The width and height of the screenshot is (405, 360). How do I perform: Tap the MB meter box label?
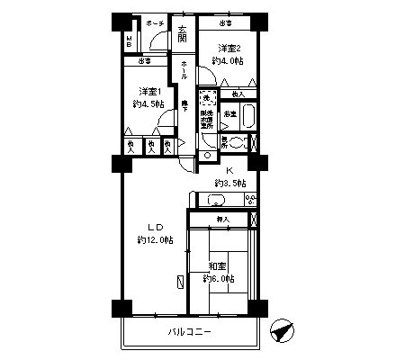[130, 43]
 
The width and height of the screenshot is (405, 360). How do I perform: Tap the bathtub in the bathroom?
[248, 116]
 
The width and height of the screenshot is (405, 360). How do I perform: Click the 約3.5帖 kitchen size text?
[229, 183]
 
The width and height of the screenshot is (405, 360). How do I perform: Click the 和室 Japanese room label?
[216, 265]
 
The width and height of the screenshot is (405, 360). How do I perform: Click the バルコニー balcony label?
[189, 332]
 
